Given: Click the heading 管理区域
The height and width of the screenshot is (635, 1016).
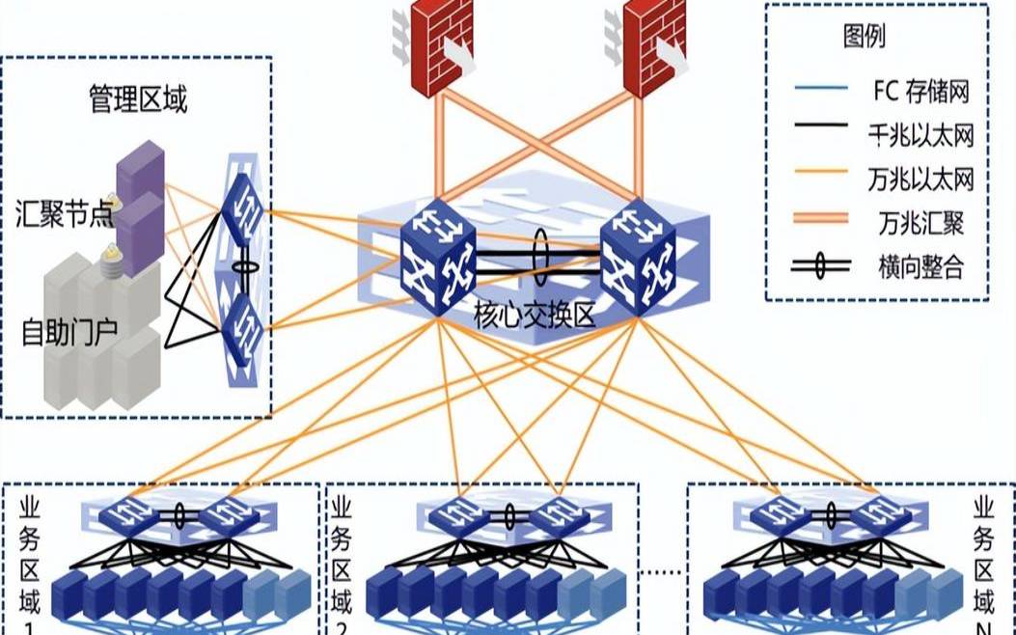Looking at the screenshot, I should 138,100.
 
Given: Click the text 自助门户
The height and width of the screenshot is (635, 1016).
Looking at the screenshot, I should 69,332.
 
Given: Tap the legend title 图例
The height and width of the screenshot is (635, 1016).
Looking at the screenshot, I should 864,38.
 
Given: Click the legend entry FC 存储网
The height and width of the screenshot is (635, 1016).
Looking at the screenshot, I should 918,92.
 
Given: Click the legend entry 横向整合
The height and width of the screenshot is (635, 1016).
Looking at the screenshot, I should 920,266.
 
